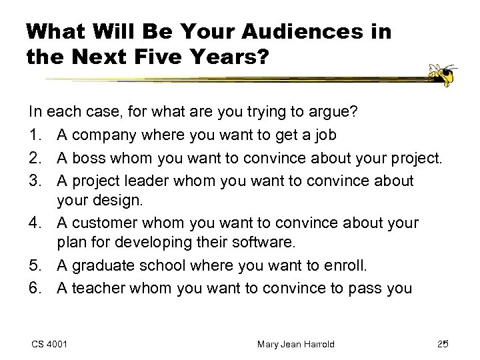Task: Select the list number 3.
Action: (34, 181)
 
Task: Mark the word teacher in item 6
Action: (91, 288)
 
